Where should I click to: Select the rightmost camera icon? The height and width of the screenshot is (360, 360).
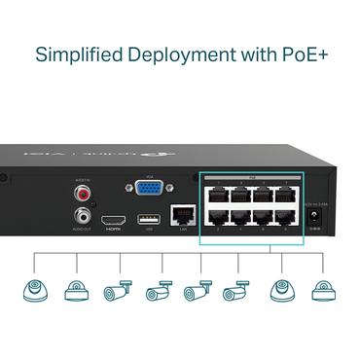[x=322, y=290]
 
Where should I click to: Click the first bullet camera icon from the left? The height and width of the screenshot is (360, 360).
[x=117, y=290]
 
